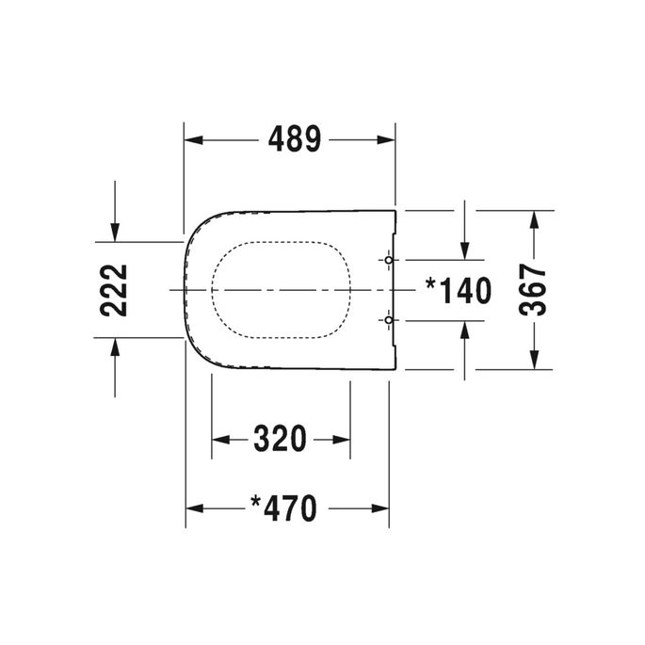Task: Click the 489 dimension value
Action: [x=295, y=139]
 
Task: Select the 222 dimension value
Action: [x=114, y=290]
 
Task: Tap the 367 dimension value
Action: [x=533, y=290]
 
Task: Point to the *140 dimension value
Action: [x=459, y=291]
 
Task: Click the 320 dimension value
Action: [x=281, y=439]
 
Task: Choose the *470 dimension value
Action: [x=282, y=509]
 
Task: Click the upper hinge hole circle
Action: [x=389, y=259]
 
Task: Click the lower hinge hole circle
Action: [x=389, y=321]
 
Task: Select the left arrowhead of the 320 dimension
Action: [x=222, y=440]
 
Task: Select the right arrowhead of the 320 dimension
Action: [x=340, y=440]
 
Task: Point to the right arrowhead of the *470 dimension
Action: [x=379, y=509]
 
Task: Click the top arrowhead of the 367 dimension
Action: [x=534, y=220]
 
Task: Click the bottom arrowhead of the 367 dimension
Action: [x=534, y=359]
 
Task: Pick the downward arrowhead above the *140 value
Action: [x=464, y=249]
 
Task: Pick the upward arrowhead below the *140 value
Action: [x=464, y=331]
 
